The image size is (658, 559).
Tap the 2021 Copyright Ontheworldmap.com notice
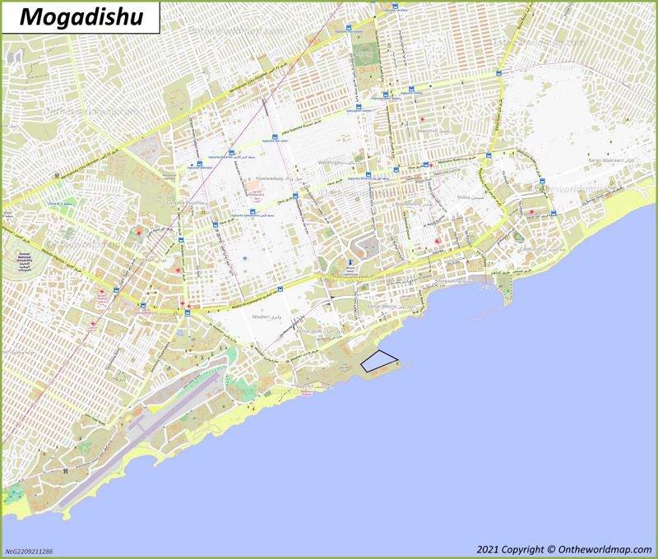coord(562,549)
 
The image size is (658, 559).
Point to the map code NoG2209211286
coord(30,552)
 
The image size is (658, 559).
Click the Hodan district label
coord(149,259)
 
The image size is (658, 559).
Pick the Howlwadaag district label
coord(272,177)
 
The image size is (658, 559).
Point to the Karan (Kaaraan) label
coord(605,160)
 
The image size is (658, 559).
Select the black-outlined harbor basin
coord(380,359)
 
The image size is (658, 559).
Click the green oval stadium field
coord(362,56)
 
